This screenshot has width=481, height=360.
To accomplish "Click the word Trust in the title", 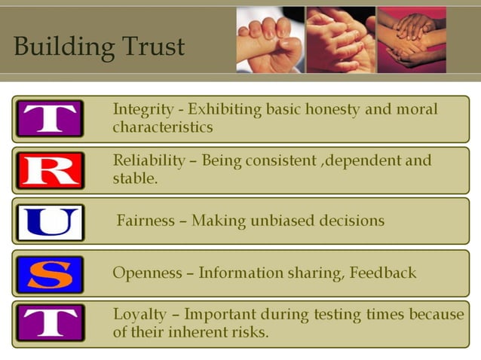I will point(149,47).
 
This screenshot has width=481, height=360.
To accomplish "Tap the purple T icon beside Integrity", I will point(49,119).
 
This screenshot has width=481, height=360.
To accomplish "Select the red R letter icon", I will point(49,170).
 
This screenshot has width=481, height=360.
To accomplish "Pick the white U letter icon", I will point(49,222).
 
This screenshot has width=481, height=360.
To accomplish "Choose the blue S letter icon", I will point(49,274).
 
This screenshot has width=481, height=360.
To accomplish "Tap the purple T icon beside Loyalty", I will point(49,322).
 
